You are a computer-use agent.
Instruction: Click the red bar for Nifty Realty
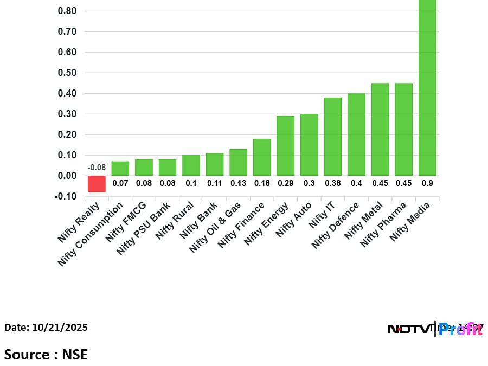97,184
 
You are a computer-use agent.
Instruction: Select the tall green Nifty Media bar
427,87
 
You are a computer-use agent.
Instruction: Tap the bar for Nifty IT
333,137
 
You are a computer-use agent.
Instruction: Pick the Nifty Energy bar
286,146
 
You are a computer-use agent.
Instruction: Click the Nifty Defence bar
356,134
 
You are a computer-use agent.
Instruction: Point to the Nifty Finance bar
262,157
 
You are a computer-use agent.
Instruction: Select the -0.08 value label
97,168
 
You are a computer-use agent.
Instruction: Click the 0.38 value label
333,183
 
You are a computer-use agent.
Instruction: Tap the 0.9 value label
427,183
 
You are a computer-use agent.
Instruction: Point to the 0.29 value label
286,183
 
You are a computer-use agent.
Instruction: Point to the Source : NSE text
46,355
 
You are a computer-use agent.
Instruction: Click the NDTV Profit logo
434,329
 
